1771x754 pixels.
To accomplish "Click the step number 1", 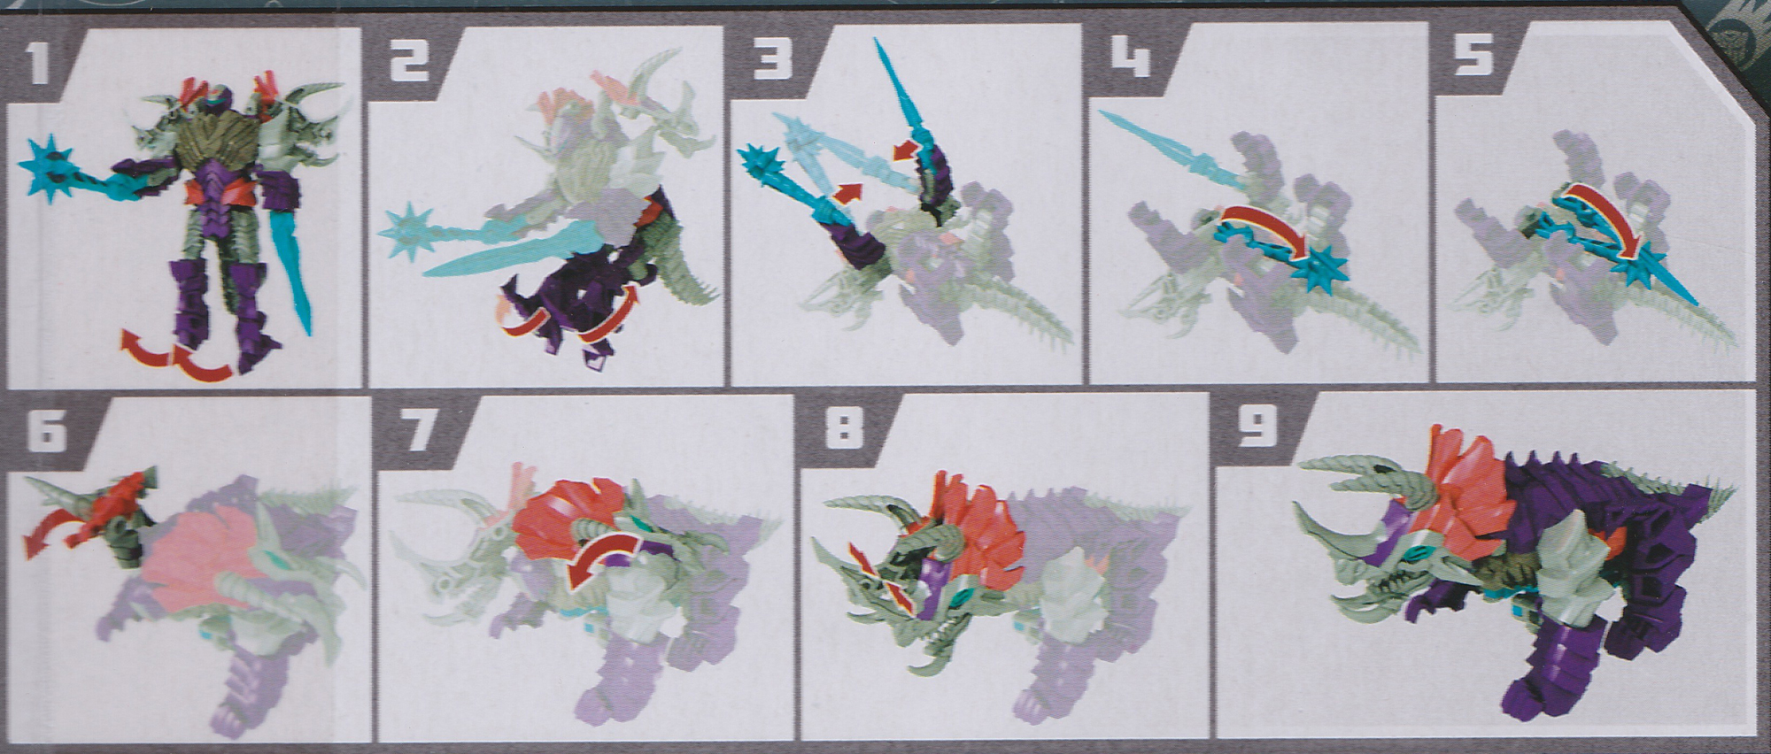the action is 38,65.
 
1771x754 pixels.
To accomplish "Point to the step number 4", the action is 1133,59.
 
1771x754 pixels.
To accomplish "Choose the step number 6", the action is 47,431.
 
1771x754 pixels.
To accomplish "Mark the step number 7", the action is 419,431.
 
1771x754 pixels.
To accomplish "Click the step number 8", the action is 842,431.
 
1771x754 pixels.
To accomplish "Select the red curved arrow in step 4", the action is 1268,228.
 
